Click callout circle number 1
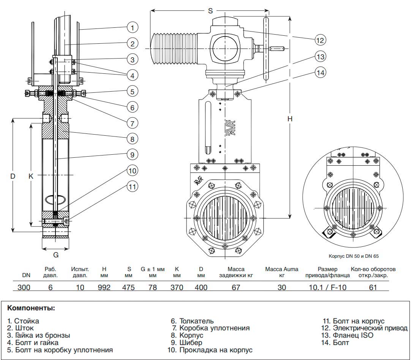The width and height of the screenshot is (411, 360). (x=132, y=27)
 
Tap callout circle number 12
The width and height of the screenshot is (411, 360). (x=321, y=39)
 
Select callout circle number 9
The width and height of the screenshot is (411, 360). (x=132, y=155)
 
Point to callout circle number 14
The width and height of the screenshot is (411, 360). (x=321, y=72)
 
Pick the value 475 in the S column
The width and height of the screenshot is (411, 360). (x=128, y=287)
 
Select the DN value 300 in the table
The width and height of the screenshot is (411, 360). (x=24, y=287)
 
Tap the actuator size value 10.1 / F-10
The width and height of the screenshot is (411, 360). (x=327, y=287)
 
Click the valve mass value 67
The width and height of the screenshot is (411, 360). (x=236, y=287)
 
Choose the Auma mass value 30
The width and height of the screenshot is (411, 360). (x=281, y=287)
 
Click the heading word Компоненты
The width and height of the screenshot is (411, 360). (x=31, y=308)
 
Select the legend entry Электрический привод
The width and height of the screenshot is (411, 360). (x=370, y=328)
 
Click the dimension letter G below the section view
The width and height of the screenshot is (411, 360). (x=55, y=254)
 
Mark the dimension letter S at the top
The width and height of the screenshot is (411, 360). (x=210, y=11)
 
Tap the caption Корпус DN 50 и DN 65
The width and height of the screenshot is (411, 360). (x=354, y=256)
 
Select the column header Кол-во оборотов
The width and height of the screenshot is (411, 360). (x=373, y=269)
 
